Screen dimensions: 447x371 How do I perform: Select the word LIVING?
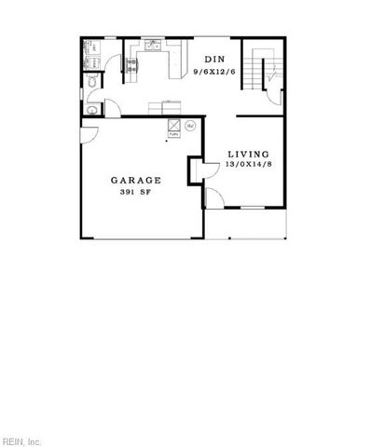coord(247,154)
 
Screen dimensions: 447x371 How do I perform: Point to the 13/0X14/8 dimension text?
coord(247,165)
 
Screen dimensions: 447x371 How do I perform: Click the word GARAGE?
coord(136,180)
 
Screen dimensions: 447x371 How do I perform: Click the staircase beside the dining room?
coord(262,64)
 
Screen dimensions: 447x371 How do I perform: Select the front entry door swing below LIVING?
coord(212,197)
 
